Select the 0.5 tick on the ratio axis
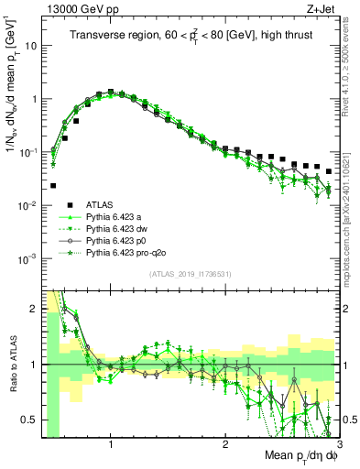28,420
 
